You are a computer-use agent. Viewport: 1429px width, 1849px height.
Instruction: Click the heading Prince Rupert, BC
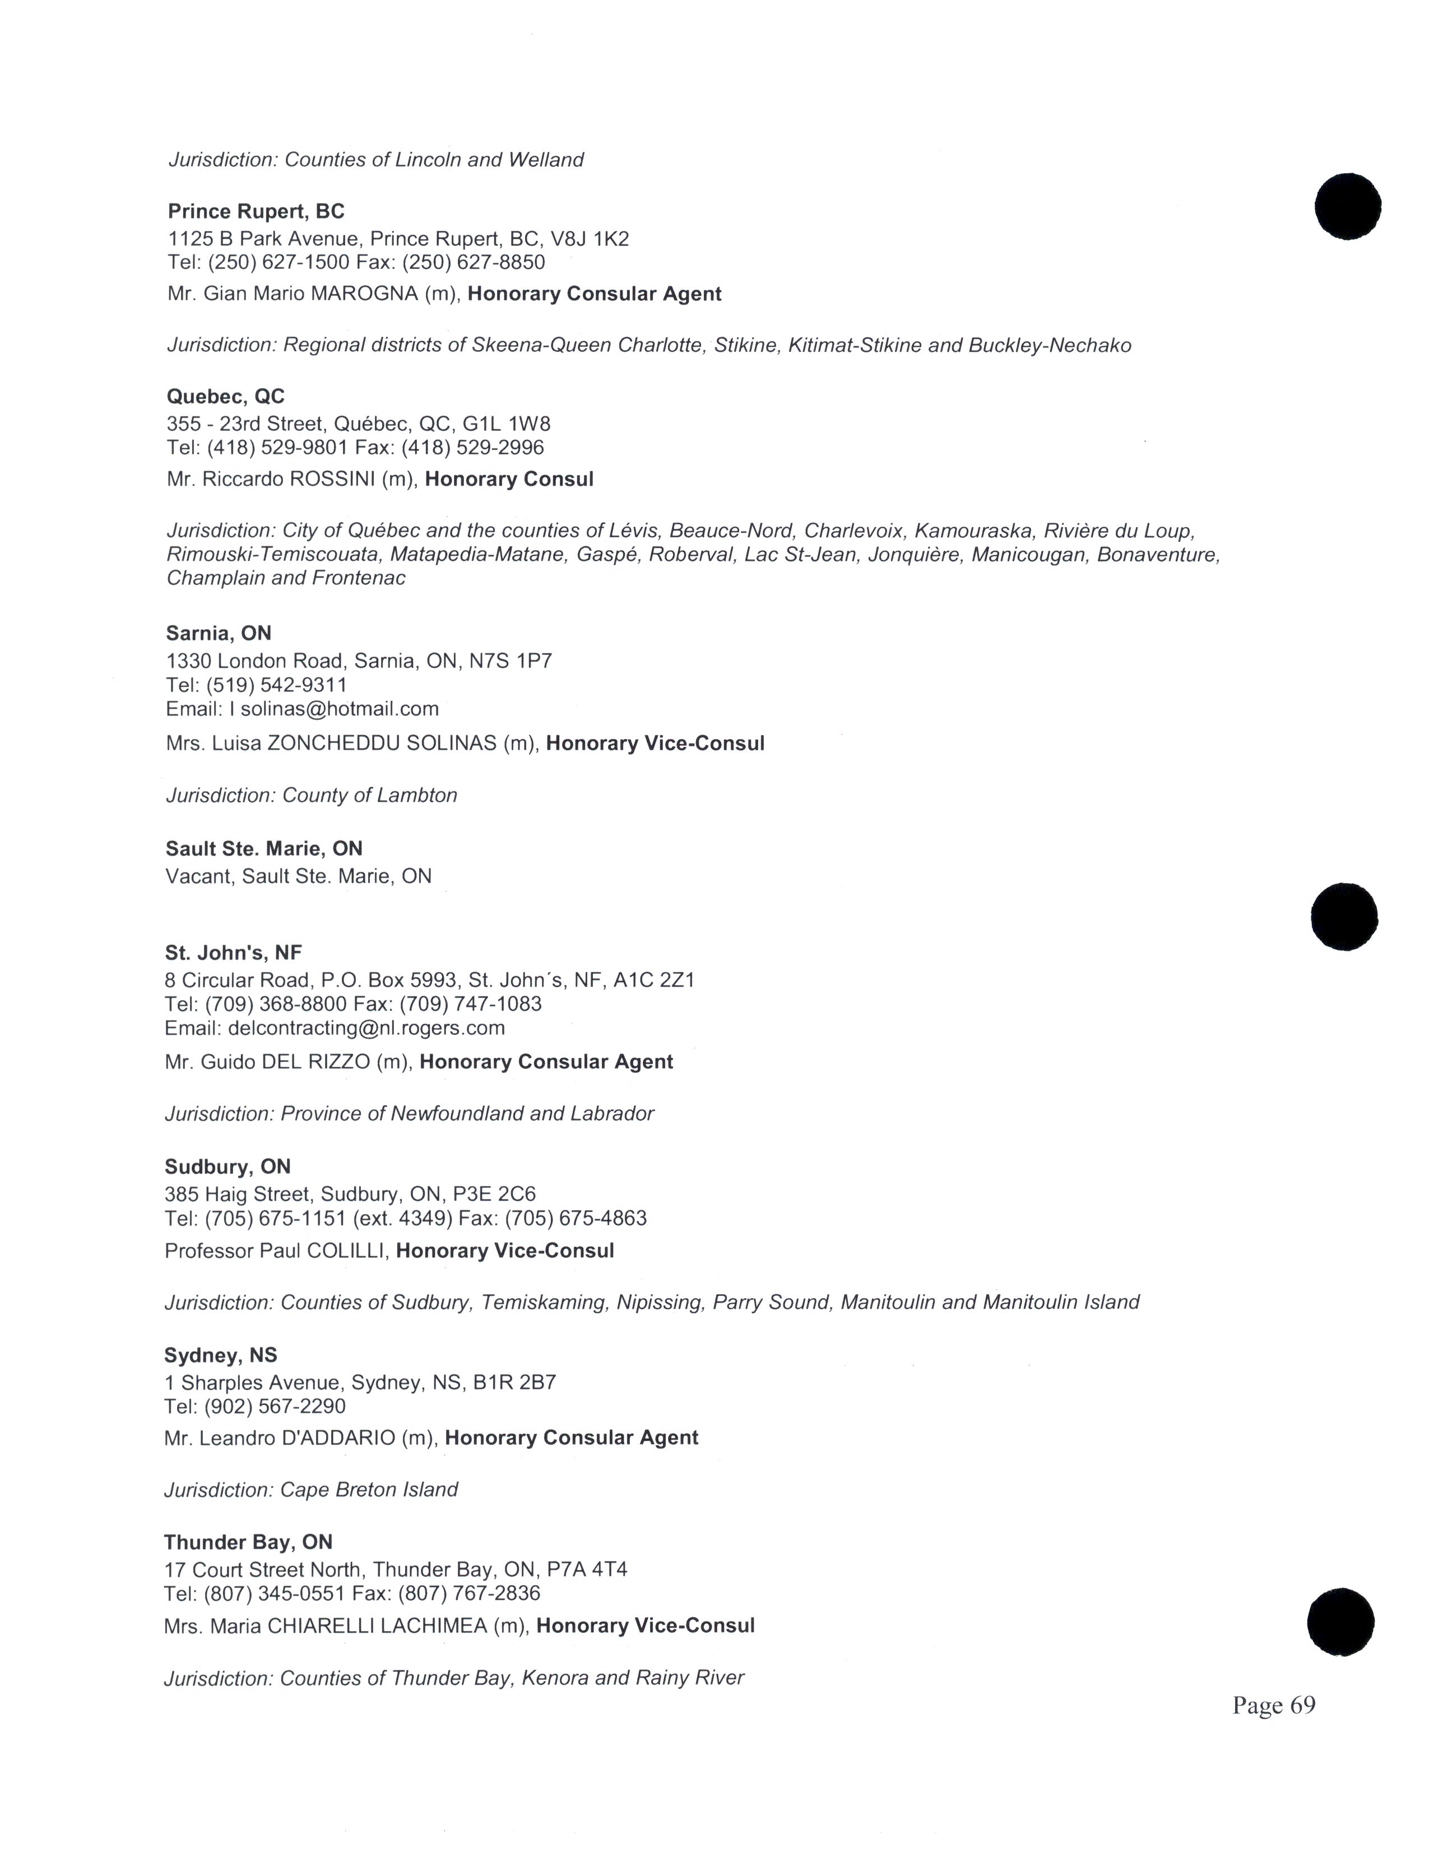256,212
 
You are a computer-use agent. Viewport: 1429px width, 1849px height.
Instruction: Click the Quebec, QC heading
225,396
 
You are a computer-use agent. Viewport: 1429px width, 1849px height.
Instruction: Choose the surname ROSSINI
332,479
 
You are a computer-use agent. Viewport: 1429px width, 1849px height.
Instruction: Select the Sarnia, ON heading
219,633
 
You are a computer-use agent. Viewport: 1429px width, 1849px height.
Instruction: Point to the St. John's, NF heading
233,953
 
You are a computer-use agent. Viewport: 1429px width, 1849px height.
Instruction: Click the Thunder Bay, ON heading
248,1542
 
